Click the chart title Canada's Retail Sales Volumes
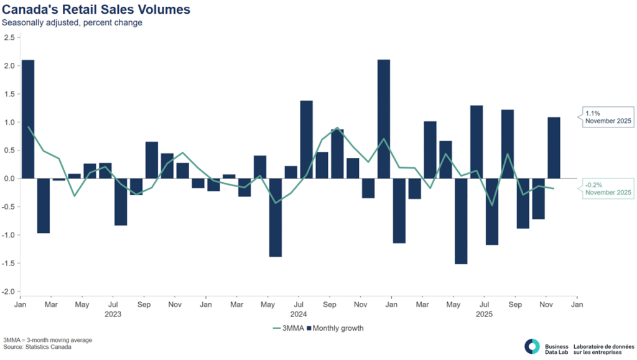tap(96, 9)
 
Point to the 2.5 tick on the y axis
tap(9, 38)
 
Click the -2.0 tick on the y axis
tap(8, 292)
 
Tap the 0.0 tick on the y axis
tap(9, 179)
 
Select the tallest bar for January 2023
tap(28, 119)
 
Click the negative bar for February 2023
tap(44, 206)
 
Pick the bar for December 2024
tap(384, 119)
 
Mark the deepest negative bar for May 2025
tap(461, 221)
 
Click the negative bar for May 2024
tap(276, 218)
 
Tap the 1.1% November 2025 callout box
tap(607, 118)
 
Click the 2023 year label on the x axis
tap(113, 315)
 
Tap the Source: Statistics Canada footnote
tap(37, 348)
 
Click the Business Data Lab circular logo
tap(532, 346)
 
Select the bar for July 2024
tap(306, 139)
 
